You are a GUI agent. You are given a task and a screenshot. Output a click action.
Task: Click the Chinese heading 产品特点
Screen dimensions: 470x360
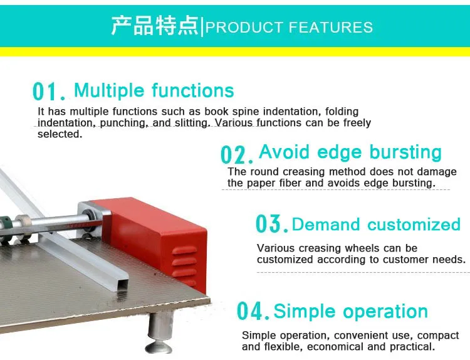[155, 26]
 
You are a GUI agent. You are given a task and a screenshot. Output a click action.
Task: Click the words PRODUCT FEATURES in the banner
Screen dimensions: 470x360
[290, 28]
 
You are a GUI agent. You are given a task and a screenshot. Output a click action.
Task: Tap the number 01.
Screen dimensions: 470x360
[49, 92]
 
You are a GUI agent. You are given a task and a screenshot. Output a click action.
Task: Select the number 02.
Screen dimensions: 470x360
[237, 154]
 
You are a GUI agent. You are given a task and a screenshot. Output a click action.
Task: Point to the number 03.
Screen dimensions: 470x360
[272, 223]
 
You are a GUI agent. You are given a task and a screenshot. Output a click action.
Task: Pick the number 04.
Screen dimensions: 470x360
[253, 311]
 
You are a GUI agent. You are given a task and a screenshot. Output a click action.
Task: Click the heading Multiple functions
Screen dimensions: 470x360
[154, 90]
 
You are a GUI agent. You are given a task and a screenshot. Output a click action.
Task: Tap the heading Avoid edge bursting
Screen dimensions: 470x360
[350, 152]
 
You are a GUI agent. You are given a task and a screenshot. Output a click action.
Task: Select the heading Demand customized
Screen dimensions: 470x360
[376, 225]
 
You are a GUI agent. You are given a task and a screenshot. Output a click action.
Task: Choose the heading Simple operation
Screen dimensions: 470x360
[351, 311]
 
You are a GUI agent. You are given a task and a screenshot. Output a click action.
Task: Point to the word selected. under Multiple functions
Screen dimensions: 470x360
[60, 134]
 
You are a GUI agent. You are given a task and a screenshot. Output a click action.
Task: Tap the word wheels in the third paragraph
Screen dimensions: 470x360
[362, 248]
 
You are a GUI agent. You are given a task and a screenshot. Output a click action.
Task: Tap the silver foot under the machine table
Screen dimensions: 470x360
[160, 332]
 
